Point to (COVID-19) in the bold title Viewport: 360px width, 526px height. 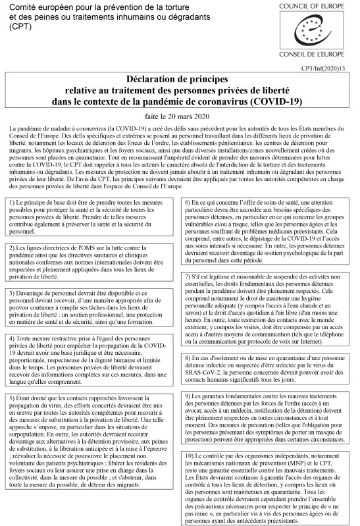[274, 101]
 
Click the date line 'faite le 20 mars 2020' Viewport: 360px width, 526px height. [180, 115]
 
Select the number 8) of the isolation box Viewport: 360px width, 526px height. [190, 357]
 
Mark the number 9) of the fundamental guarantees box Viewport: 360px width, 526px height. [190, 396]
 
